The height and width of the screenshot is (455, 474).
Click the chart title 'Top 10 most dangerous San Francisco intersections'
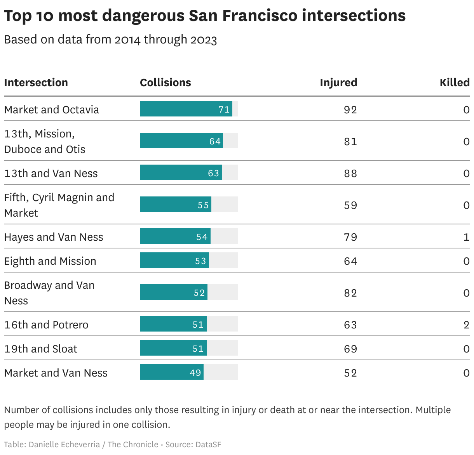tap(205, 16)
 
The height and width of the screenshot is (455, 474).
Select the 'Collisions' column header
tap(165, 83)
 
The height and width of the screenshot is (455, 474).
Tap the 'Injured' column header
tap(338, 83)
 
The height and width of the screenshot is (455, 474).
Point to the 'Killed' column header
tap(454, 83)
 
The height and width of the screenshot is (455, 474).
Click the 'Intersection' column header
tap(36, 83)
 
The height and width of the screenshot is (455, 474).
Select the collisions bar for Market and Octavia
tap(186, 109)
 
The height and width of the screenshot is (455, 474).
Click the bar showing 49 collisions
tap(171, 372)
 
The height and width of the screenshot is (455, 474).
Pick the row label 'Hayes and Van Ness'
tap(54, 237)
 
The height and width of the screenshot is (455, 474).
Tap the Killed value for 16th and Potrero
tap(466, 325)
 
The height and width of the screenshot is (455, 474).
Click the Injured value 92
tap(350, 110)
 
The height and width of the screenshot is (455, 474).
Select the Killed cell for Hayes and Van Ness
tap(466, 237)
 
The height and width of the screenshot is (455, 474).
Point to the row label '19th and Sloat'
tap(41, 349)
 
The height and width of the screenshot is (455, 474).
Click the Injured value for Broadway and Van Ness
tap(350, 293)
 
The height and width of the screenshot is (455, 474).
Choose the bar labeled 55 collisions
tap(175, 205)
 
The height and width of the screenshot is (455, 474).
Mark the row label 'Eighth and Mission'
tap(50, 261)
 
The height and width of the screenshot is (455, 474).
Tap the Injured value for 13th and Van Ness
tap(350, 173)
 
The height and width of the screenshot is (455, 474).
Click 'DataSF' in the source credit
tap(208, 445)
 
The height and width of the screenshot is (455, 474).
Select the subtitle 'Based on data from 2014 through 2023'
tap(110, 40)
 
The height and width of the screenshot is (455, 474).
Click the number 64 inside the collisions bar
tap(215, 141)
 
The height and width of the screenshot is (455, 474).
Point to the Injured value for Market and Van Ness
tap(350, 373)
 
